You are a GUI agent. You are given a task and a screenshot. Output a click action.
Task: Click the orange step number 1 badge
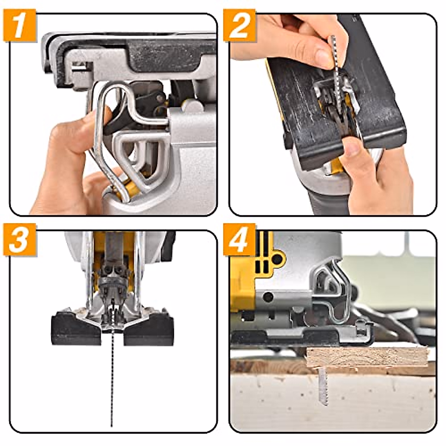[19, 25]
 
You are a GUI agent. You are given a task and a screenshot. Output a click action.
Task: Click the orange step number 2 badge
[239, 25]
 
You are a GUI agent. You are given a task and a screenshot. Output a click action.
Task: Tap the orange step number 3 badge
[19, 240]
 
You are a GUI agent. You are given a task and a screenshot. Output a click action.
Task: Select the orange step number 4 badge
[239, 240]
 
